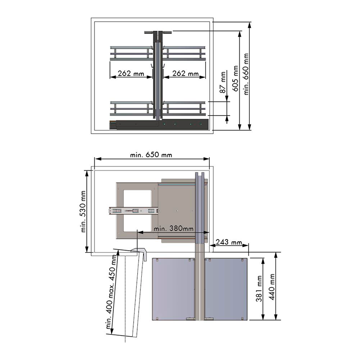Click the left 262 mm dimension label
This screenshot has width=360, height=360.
pyautogui.click(x=131, y=73)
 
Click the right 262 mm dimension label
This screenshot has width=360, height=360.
pyautogui.click(x=185, y=73)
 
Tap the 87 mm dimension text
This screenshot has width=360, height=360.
pyautogui.click(x=223, y=82)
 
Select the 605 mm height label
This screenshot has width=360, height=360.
pyautogui.click(x=235, y=78)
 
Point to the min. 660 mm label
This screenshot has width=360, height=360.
pyautogui.click(x=246, y=74)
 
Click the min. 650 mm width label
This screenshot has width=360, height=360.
pyautogui.click(x=151, y=155)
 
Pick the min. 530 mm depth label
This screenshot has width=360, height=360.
pyautogui.click(x=83, y=211)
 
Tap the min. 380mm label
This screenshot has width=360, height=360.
pyautogui.click(x=174, y=229)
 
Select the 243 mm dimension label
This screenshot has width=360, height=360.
pyautogui.click(x=229, y=242)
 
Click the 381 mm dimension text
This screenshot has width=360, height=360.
pyautogui.click(x=259, y=288)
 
